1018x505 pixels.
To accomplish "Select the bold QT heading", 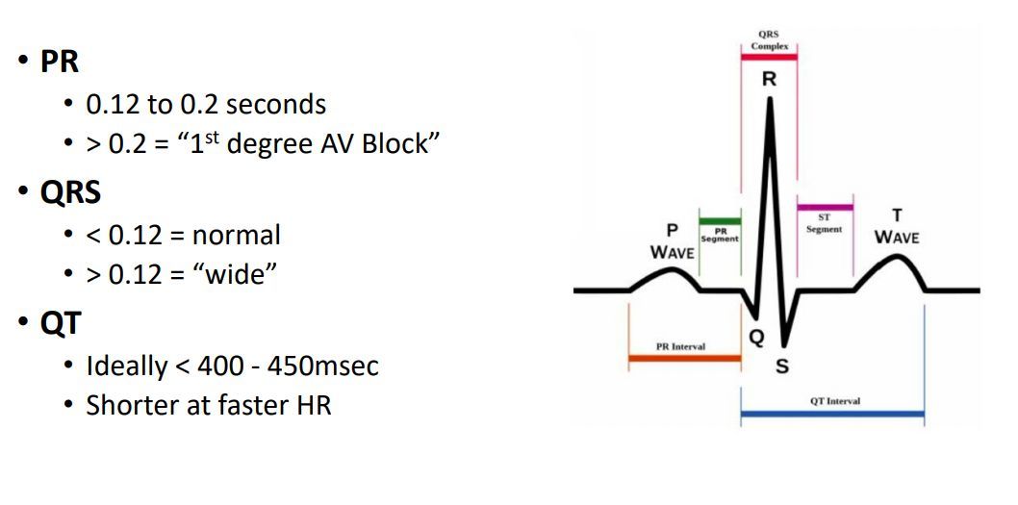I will point(60,323).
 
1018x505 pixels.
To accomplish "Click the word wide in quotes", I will point(230,275).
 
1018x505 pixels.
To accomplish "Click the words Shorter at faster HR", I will point(209,406).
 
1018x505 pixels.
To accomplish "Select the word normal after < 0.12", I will point(236,235).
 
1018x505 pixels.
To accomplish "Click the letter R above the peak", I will point(769,80).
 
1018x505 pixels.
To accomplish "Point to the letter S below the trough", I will point(782,366).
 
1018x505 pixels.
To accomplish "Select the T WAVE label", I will point(897,228).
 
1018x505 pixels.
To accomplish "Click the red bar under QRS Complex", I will point(769,57).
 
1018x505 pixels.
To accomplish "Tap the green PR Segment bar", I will point(720,221).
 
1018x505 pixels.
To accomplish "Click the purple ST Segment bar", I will point(825,207).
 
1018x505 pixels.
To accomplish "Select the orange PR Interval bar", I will point(684,358).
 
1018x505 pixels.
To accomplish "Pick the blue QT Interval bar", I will point(832,415).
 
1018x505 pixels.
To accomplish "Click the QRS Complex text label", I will point(769,40).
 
